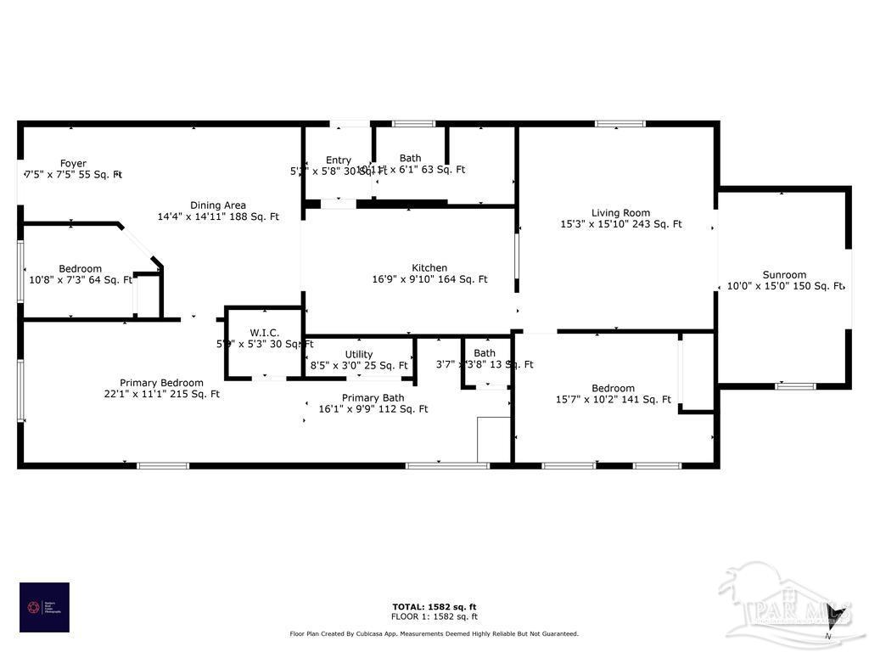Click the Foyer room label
point(73,164)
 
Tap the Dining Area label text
point(218,205)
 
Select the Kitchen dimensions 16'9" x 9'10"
point(429,279)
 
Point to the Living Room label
point(621,213)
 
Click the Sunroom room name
point(784,274)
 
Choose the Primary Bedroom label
point(161,383)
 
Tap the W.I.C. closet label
point(265,332)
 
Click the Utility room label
point(359,354)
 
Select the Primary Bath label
point(373,397)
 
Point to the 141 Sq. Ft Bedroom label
point(613,388)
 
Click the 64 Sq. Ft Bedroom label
point(80,268)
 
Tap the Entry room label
point(338,160)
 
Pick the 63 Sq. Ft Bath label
point(411,158)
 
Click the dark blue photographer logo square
point(44,607)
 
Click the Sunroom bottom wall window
point(796,386)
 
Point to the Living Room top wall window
point(620,124)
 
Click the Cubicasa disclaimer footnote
point(434,633)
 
